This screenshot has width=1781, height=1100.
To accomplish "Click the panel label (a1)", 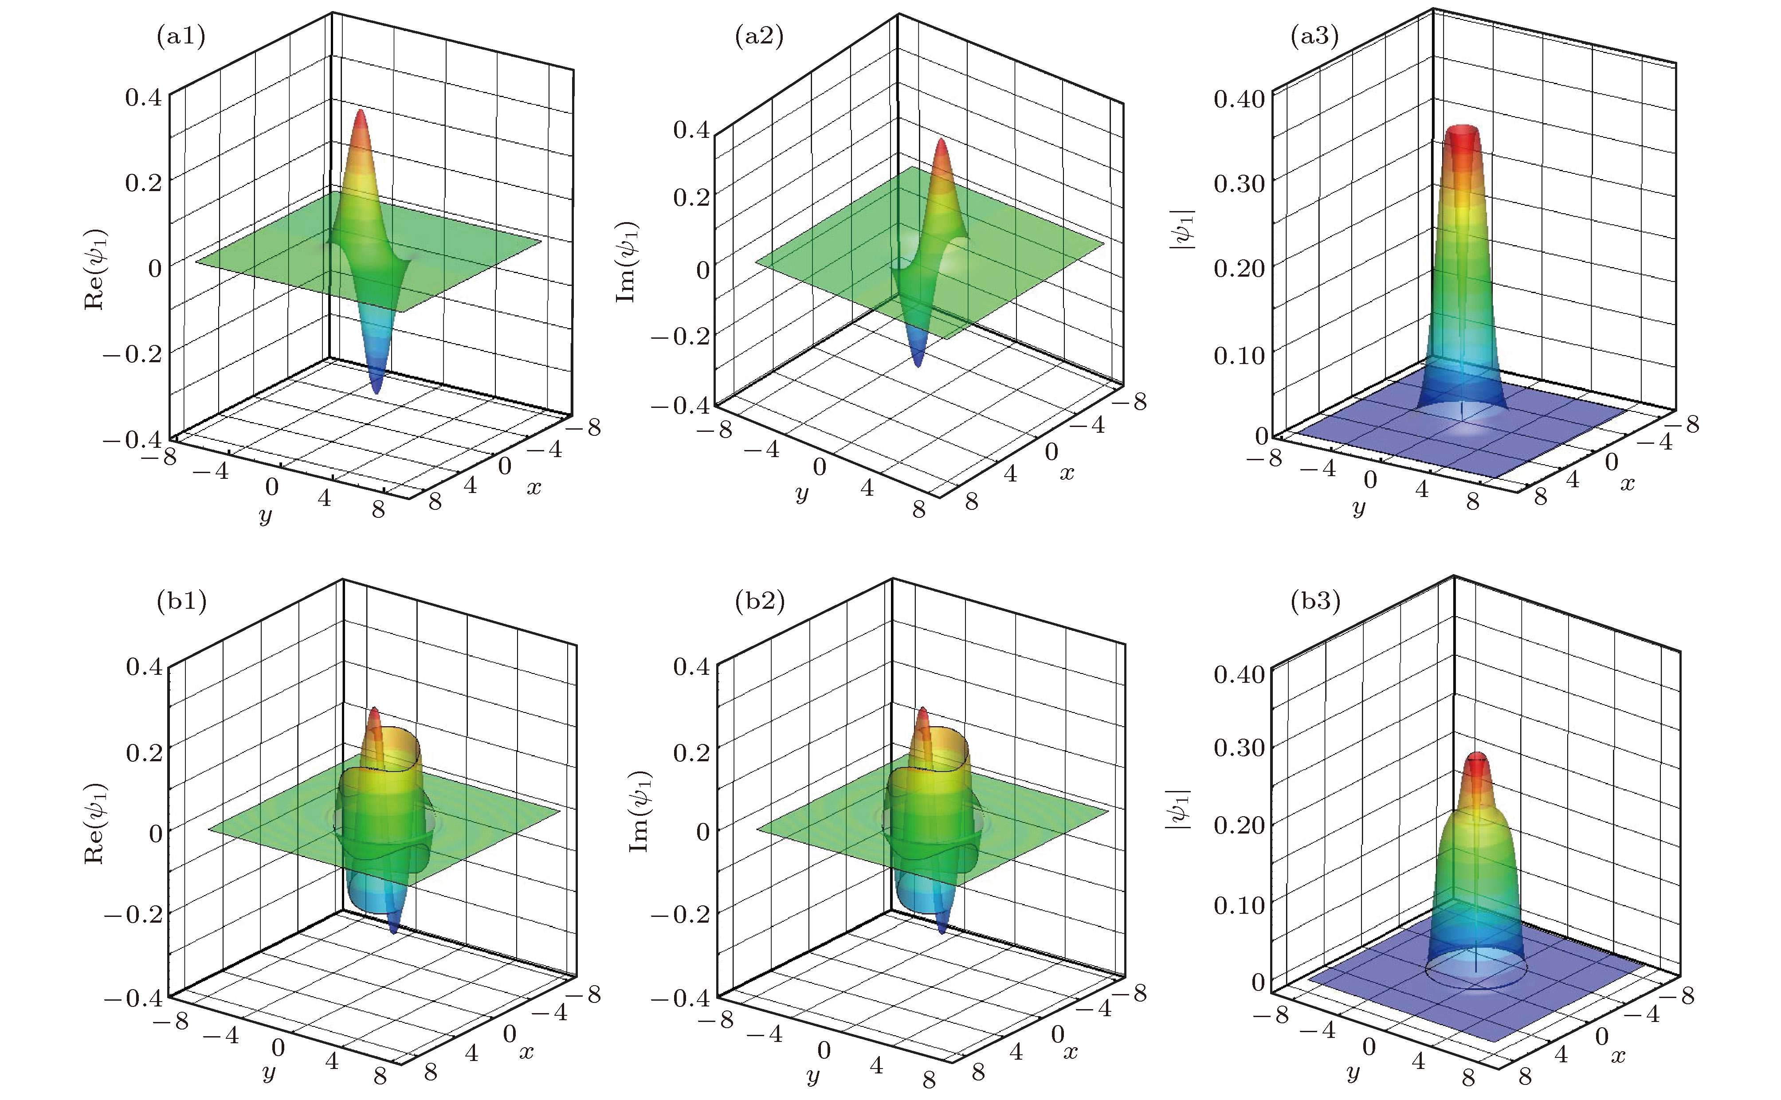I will (181, 35).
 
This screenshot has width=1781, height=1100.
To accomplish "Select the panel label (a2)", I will (759, 35).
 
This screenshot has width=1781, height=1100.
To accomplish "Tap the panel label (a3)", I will (1314, 35).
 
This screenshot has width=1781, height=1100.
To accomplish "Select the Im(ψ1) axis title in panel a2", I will (627, 262).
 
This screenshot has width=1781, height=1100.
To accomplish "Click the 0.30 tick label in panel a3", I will (1239, 184).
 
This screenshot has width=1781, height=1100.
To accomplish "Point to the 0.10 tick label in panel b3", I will (1239, 905).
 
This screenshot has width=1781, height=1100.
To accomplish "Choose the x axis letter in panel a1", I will (534, 487).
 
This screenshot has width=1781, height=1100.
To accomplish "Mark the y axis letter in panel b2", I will (812, 1075).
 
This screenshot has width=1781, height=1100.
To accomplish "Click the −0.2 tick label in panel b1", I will (133, 914).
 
